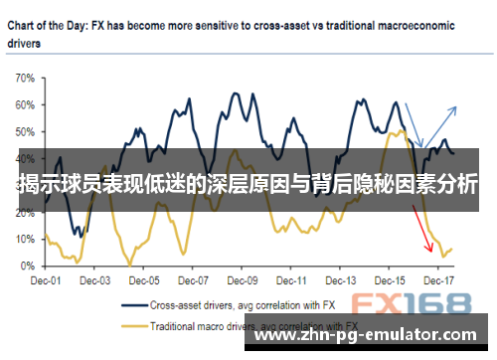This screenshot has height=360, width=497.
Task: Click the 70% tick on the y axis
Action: (25, 77)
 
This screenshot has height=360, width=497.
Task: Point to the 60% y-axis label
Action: (25, 103)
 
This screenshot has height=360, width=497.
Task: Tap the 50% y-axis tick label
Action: (25, 130)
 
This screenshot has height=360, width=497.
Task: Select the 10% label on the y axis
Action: (25, 239)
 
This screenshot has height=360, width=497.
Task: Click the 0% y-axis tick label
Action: (28, 266)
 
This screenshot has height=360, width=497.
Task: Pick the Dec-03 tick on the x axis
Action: (94, 280)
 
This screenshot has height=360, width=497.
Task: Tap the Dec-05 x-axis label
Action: (145, 280)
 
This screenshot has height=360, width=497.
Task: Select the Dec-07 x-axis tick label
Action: (196, 280)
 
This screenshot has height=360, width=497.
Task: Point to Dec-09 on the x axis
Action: (246, 280)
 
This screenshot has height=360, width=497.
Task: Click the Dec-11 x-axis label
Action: (296, 280)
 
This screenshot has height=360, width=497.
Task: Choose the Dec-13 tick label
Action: (346, 280)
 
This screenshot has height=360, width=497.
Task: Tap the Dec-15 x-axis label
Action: (397, 280)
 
